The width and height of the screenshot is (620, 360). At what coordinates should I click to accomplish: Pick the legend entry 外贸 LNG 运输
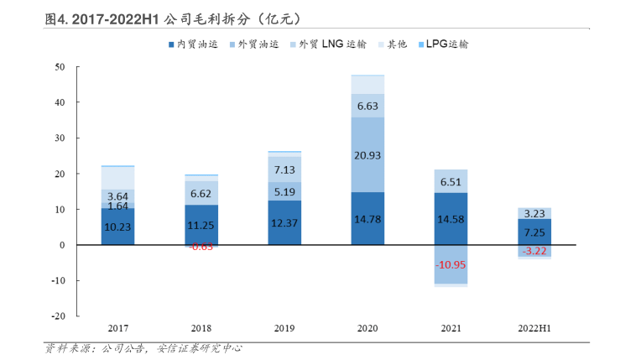[331, 44]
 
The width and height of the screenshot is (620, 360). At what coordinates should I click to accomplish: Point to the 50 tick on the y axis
[60, 67]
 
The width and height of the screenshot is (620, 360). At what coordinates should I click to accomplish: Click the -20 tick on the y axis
[58, 316]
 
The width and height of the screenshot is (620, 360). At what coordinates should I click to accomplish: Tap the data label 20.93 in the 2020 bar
[367, 155]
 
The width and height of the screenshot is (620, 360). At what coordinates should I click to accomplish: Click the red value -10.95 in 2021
[451, 265]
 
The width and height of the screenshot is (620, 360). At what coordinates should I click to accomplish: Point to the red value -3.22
[534, 252]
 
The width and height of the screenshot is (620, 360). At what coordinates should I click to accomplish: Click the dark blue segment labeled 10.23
[117, 227]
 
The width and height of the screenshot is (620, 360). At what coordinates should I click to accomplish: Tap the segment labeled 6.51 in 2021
[451, 181]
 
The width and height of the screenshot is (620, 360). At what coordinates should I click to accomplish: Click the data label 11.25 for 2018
[201, 225]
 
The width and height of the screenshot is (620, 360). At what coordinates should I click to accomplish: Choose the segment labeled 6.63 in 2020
[367, 106]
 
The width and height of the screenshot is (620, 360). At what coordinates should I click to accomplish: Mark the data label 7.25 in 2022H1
[534, 232]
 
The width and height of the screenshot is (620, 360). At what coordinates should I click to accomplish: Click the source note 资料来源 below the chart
[143, 347]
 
